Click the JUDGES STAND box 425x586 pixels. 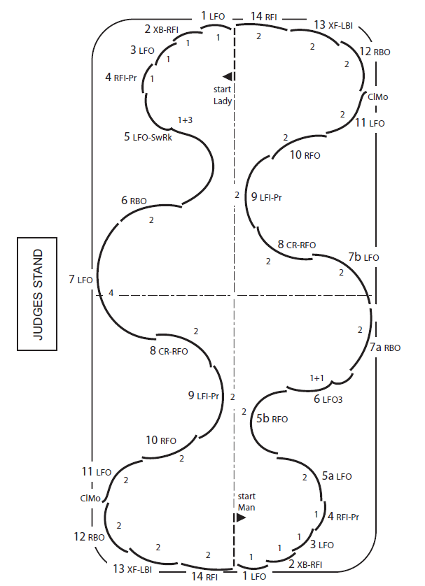[x=38, y=293]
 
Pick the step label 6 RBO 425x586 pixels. [x=134, y=201]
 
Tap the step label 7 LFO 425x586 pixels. [x=81, y=280]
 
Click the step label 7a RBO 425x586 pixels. [x=385, y=347]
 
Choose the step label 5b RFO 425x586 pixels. [x=272, y=419]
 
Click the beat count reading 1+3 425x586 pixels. [x=185, y=120]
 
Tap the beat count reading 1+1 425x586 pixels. [x=317, y=378]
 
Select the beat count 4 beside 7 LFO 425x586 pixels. [x=111, y=293]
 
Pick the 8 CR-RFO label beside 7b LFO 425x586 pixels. [x=297, y=245]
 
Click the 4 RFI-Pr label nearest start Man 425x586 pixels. [x=343, y=517]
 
